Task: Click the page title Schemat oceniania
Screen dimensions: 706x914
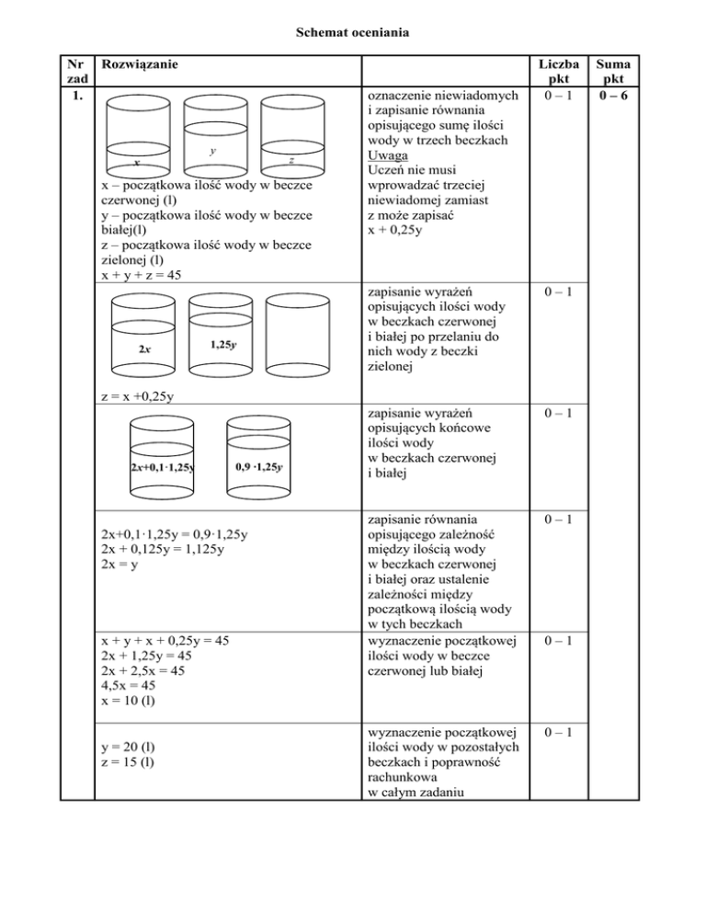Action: click(352, 34)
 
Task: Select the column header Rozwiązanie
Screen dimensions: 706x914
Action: click(141, 66)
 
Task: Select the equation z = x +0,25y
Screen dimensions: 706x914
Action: click(137, 397)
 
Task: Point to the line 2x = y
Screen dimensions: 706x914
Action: click(118, 563)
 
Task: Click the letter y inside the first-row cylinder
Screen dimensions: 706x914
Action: click(212, 150)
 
